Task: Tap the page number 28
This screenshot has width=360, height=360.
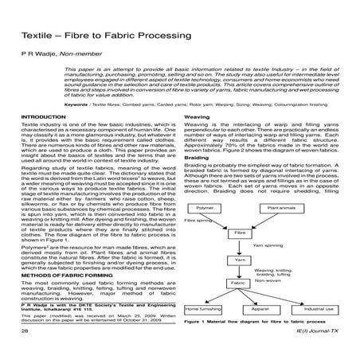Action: click(x=25, y=351)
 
